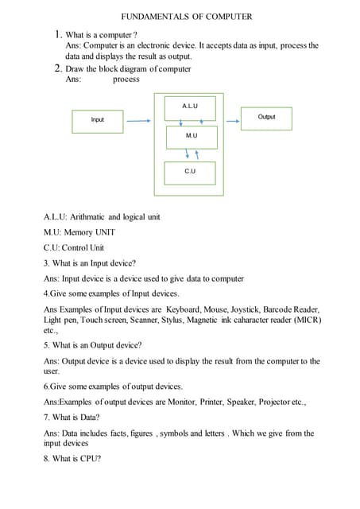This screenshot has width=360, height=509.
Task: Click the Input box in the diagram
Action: pos(98,120)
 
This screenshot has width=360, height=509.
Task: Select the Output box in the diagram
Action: pos(266,118)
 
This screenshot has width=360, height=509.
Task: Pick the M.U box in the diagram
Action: pos(191,137)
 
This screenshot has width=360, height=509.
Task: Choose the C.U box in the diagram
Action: pos(190,172)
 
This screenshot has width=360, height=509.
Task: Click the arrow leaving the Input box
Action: pos(138,122)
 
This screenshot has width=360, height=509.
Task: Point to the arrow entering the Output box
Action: pos(231,122)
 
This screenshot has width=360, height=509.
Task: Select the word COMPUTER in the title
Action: pos(226,16)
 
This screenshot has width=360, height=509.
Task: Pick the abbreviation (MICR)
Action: pos(306,320)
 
